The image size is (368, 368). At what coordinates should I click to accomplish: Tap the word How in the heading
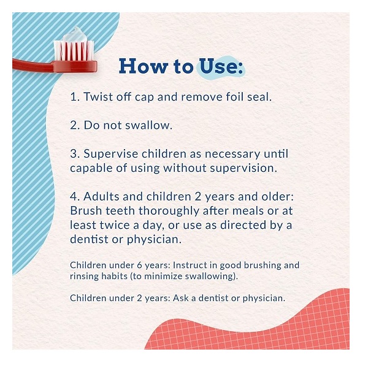pyautogui.click(x=144, y=66)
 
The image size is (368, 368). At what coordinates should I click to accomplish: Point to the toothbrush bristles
pyautogui.click(x=74, y=50)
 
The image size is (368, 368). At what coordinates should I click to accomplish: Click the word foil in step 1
pyautogui.click(x=235, y=96)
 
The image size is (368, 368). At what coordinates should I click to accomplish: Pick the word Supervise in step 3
pyautogui.click(x=111, y=154)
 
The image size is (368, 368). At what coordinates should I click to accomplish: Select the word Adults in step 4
pyautogui.click(x=101, y=196)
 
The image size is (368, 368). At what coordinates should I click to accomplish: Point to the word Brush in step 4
pyautogui.click(x=86, y=211)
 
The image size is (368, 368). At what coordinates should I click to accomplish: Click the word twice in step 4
pyautogui.click(x=115, y=225)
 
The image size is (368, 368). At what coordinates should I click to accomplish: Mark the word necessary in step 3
pyautogui.click(x=232, y=155)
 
